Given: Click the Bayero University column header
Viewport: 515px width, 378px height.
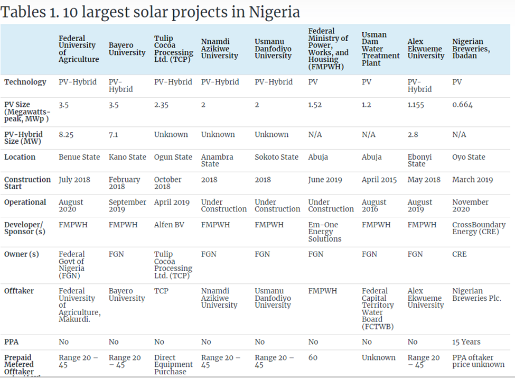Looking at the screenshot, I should click(127, 49).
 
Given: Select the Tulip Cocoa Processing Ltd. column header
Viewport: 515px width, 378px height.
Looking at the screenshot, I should click(173, 49).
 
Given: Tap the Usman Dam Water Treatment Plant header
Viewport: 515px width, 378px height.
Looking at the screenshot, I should click(380, 49).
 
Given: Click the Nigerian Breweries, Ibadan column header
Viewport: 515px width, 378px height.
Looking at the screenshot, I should click(471, 49).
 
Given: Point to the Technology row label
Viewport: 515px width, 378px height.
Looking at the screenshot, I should click(25, 82).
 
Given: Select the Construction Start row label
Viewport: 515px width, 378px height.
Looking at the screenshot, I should click(27, 183).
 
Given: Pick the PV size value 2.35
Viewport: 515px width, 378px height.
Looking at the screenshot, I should click(162, 105).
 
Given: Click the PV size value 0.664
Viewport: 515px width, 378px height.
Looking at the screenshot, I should click(462, 105).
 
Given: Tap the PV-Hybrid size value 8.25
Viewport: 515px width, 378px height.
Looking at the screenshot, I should click(66, 135).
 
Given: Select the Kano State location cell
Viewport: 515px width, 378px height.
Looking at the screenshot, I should click(127, 157).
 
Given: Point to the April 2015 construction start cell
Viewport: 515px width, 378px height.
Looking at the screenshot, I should click(379, 180).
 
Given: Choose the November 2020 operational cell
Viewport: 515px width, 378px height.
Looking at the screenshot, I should click(470, 206).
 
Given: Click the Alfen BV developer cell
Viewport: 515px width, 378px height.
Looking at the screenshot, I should click(170, 225).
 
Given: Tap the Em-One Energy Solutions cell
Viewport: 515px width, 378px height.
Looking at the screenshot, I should click(323, 232).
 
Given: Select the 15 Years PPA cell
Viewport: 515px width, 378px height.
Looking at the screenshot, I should click(466, 342).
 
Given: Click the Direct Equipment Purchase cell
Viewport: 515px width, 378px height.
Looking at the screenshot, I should click(173, 365).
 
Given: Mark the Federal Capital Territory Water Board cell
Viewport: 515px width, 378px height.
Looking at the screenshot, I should click(378, 309).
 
